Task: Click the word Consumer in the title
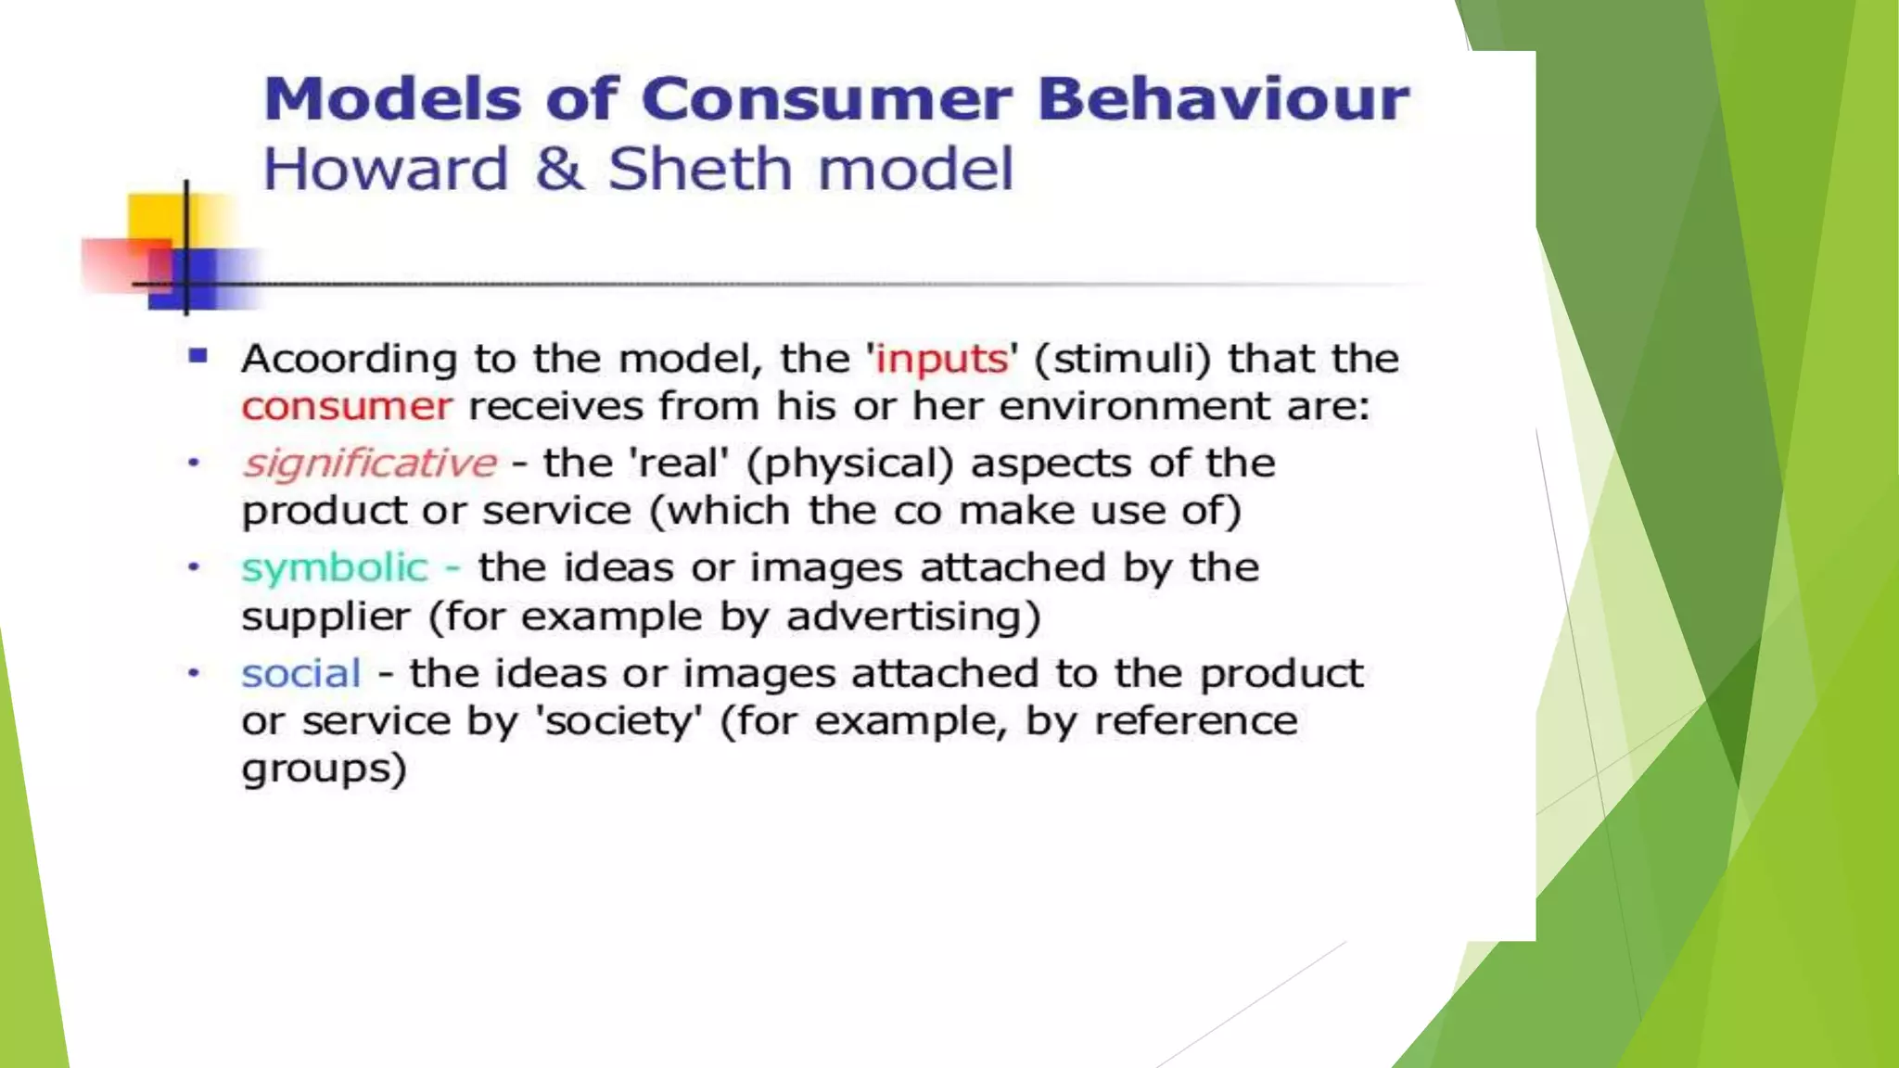coord(825,99)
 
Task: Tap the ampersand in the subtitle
coord(559,170)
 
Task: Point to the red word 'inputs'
coord(941,359)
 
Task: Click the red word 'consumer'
coord(347,407)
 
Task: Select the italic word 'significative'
coord(370,464)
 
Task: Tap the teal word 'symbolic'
coord(335,568)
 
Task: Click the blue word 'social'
coord(301,674)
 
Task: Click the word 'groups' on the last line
coord(324,769)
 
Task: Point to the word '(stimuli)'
coord(1122,359)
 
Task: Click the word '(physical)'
coord(849,464)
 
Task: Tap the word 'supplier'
coord(325,617)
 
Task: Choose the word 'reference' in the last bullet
coord(1195,721)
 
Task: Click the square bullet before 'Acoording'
coord(198,356)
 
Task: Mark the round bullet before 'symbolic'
coord(194,566)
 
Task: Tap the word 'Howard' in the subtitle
coord(386,170)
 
